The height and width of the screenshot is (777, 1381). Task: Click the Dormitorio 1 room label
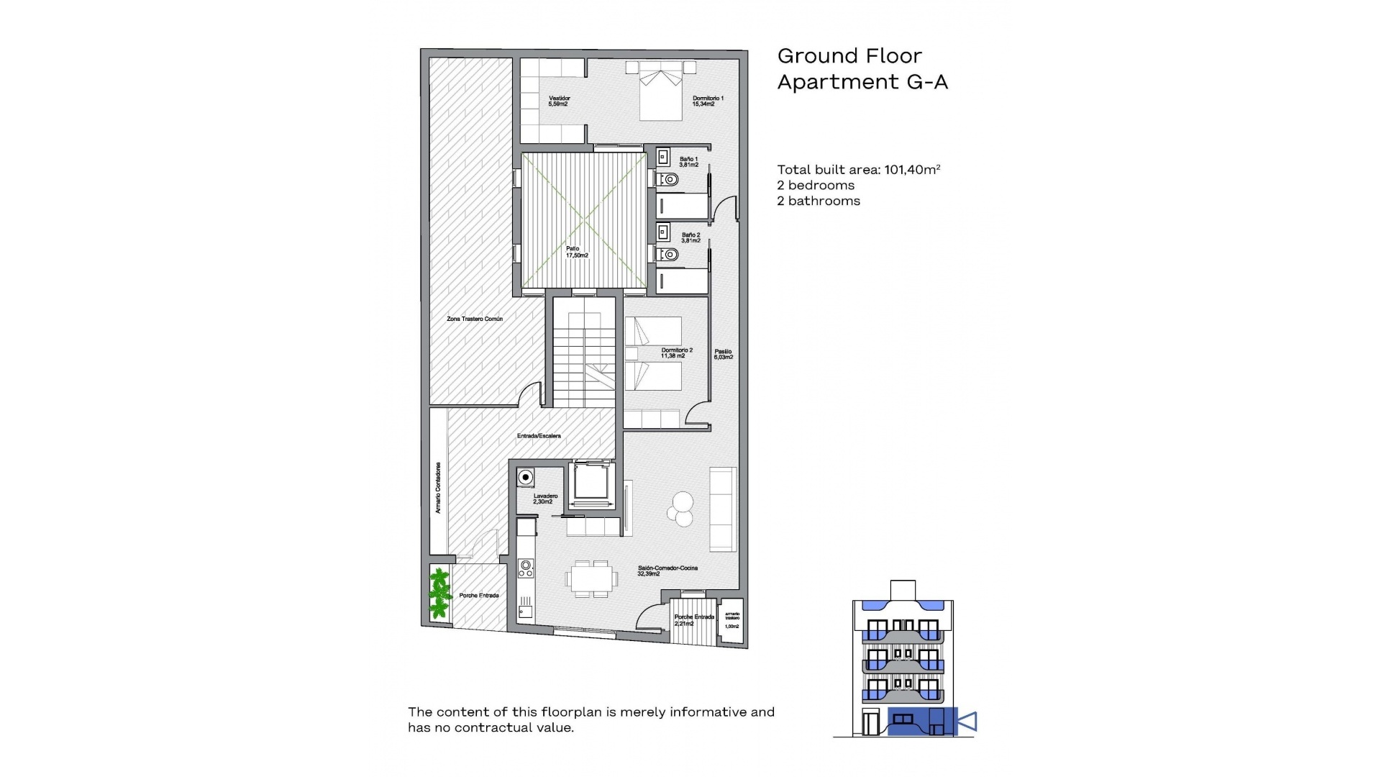pyautogui.click(x=708, y=101)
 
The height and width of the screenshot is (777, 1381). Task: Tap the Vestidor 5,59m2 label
pyautogui.click(x=559, y=101)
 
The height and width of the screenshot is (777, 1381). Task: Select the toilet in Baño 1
pyautogui.click(x=669, y=179)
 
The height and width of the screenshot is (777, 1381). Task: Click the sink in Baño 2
pyautogui.click(x=663, y=232)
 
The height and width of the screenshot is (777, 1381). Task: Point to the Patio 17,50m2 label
pyautogui.click(x=576, y=252)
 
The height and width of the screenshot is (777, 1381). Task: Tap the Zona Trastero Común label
pyautogui.click(x=475, y=319)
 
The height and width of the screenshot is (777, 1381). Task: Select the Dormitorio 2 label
pyautogui.click(x=676, y=353)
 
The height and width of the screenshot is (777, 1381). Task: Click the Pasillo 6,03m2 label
pyautogui.click(x=723, y=354)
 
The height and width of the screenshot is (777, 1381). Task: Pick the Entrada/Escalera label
pyautogui.click(x=539, y=436)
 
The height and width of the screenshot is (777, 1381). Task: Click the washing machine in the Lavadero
pyautogui.click(x=526, y=478)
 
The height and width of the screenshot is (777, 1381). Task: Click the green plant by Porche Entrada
pyautogui.click(x=439, y=594)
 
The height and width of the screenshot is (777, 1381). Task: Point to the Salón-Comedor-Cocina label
pyautogui.click(x=667, y=571)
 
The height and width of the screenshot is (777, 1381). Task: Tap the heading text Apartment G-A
pyautogui.click(x=862, y=82)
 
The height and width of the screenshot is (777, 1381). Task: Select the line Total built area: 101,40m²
pyautogui.click(x=858, y=170)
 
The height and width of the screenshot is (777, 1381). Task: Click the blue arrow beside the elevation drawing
pyautogui.click(x=967, y=721)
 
